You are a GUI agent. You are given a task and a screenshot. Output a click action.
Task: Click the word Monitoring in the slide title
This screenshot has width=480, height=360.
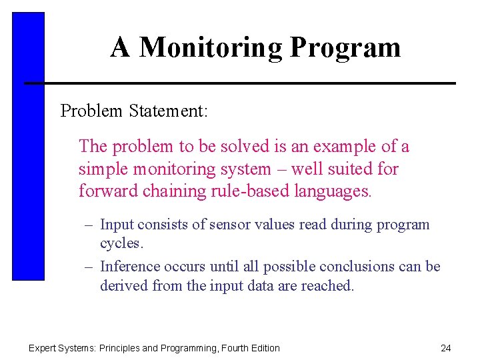(x=211, y=48)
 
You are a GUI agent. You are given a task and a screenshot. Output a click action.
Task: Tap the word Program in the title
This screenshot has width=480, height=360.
(x=345, y=48)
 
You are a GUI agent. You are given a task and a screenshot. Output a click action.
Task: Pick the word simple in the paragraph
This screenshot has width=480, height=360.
(x=101, y=169)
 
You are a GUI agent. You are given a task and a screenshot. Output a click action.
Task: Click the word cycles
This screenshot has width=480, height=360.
(x=121, y=244)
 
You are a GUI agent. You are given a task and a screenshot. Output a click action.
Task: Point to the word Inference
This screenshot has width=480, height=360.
(x=130, y=267)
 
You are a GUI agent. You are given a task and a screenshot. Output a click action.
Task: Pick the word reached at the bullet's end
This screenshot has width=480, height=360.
(x=331, y=286)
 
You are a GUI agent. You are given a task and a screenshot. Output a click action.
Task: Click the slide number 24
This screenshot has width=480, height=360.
(x=446, y=348)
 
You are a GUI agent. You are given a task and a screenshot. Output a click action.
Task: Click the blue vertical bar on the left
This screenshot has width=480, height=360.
(x=28, y=147)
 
